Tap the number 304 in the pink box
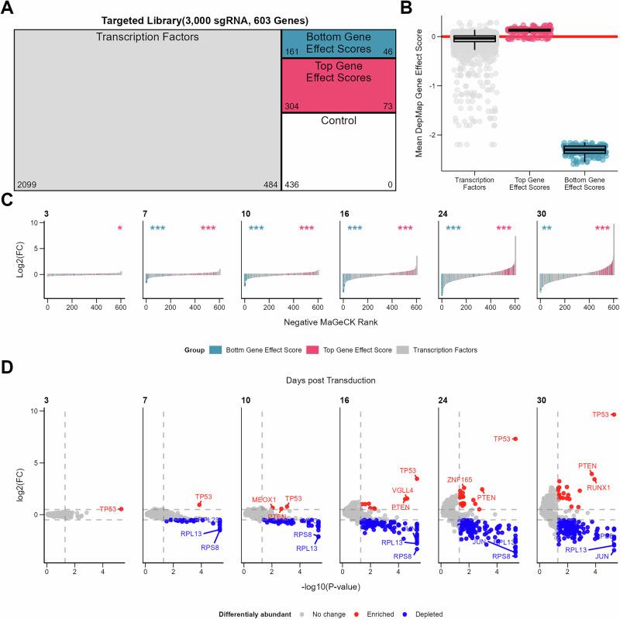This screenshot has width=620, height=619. pyautogui.click(x=292, y=105)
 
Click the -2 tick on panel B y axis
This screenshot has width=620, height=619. pyautogui.click(x=426, y=136)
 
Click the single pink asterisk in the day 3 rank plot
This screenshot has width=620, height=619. pyautogui.click(x=120, y=229)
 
